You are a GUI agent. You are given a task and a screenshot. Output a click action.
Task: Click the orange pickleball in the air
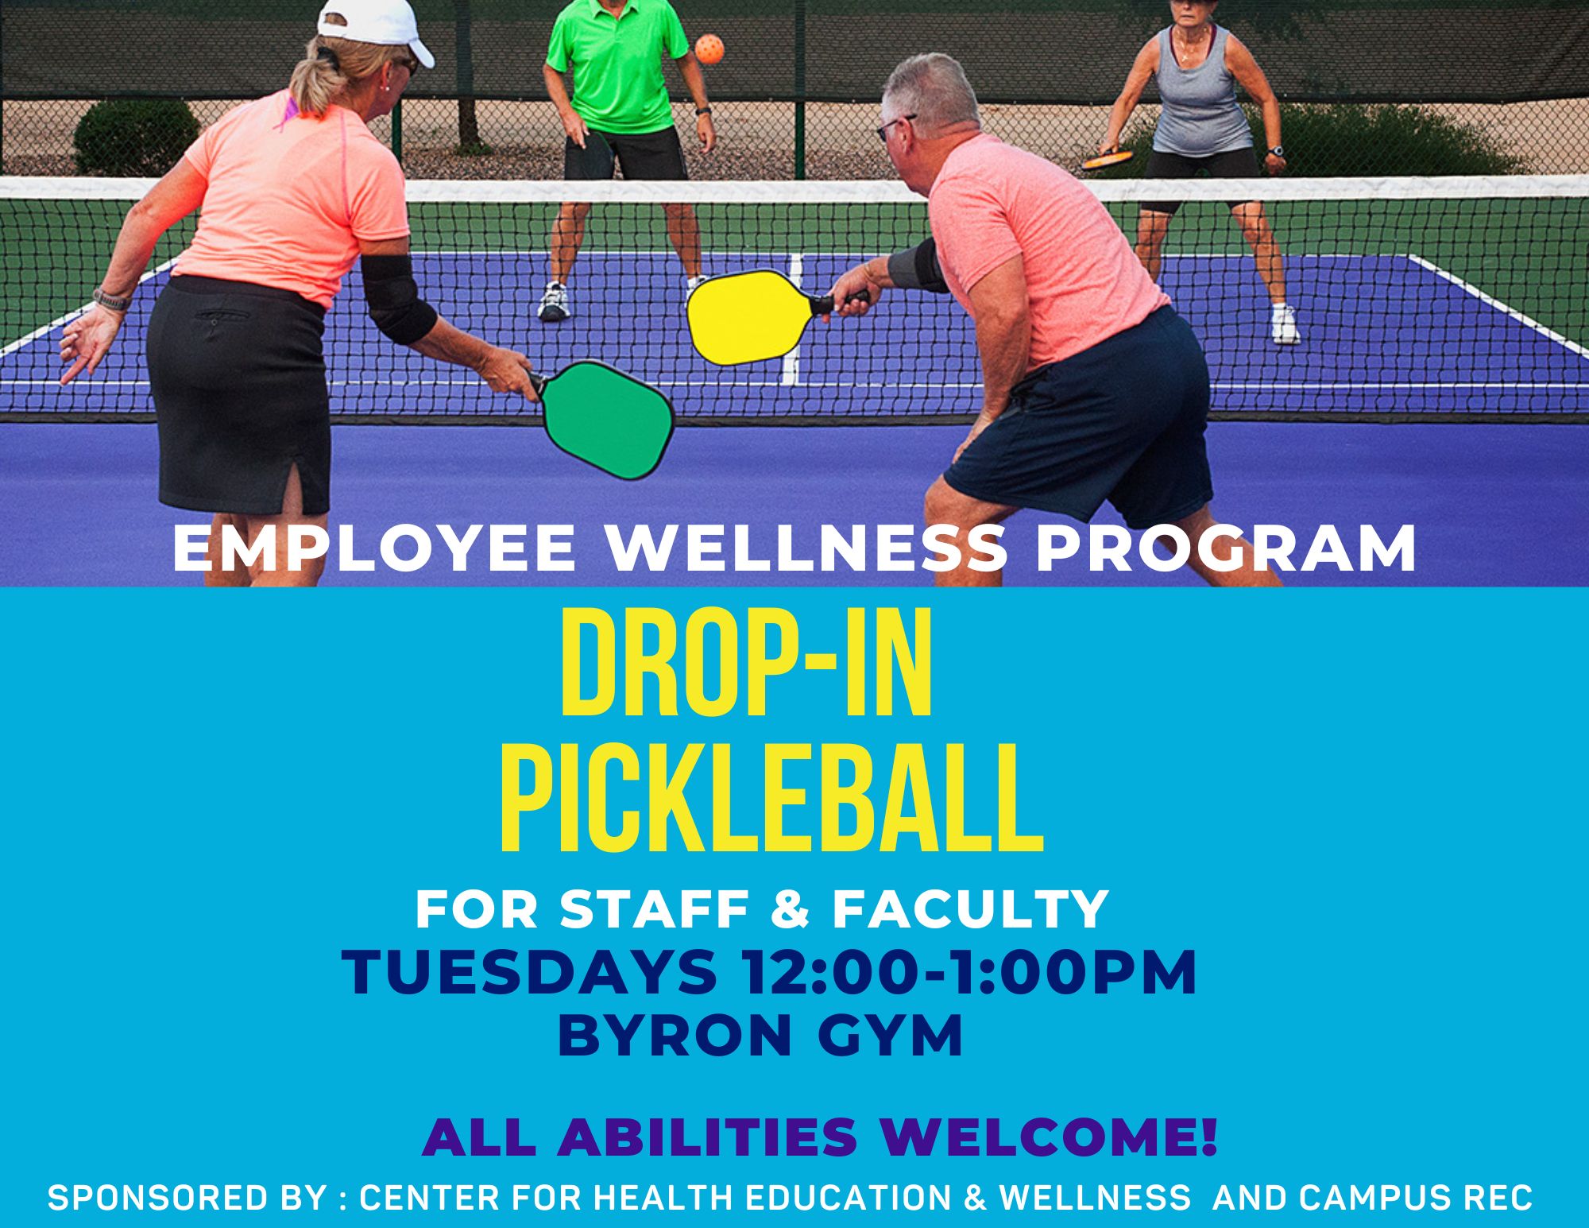tap(709, 49)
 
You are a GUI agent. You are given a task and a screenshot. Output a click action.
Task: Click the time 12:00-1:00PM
tap(968, 972)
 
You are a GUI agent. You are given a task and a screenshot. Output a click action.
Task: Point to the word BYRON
tap(665, 1036)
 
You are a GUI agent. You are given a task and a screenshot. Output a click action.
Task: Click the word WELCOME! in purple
tap(1048, 1137)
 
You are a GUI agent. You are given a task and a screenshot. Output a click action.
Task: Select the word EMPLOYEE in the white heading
tap(373, 548)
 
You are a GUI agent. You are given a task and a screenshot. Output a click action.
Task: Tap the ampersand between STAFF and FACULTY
tap(791, 908)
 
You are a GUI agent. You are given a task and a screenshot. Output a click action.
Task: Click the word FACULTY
tap(970, 908)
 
